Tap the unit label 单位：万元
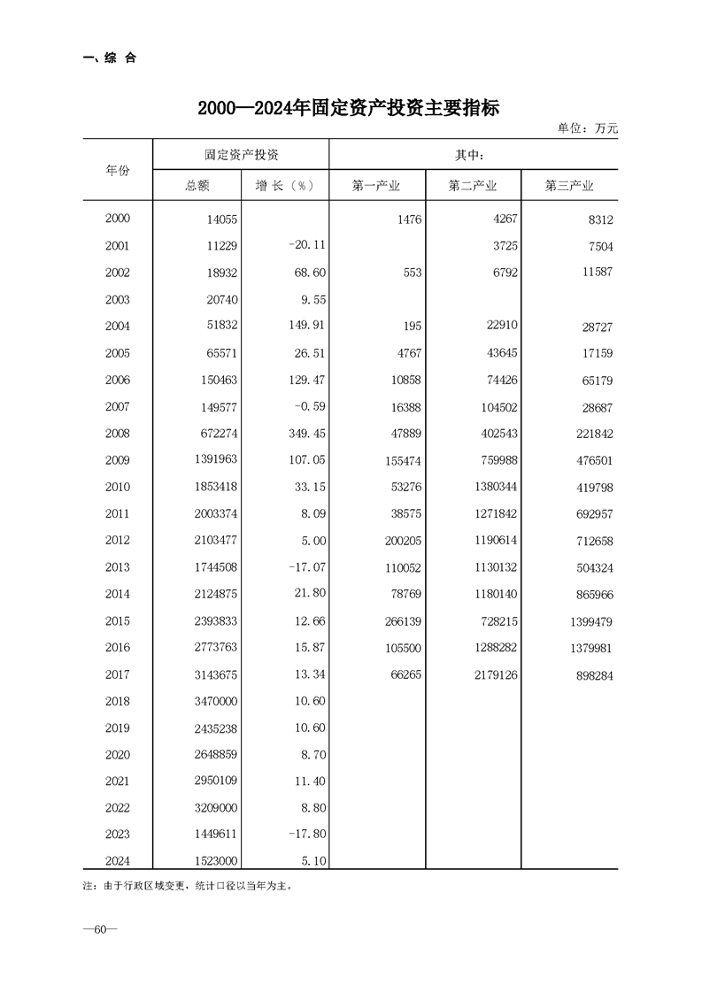pos(587,129)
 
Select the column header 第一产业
pos(376,186)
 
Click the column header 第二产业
pos(473,186)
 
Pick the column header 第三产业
pos(568,186)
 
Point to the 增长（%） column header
pos(285,186)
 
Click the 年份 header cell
pos(118,170)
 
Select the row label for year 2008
pos(117,434)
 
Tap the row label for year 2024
pos(117,860)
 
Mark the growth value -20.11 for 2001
pos(294,247)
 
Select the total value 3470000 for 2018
pos(209,702)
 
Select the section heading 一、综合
pos(110,58)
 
